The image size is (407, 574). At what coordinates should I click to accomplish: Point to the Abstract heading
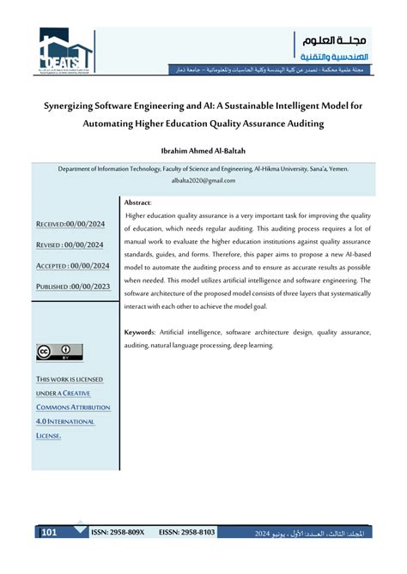137,202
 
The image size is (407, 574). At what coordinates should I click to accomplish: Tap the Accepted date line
70,265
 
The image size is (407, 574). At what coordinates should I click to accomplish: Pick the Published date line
70,286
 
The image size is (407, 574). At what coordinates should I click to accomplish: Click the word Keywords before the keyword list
139,331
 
